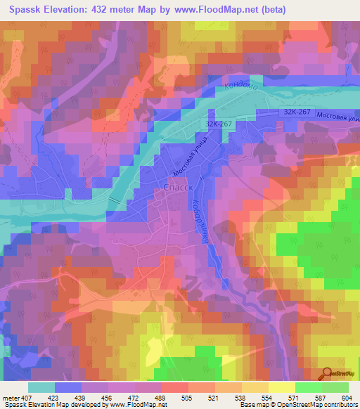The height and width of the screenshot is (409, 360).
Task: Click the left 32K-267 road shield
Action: [x=219, y=124]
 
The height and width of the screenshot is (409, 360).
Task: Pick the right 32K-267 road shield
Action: [x=297, y=112]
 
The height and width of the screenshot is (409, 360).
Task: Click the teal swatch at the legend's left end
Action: [x=41, y=387]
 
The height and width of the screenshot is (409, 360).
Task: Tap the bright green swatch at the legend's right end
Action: [x=335, y=387]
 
